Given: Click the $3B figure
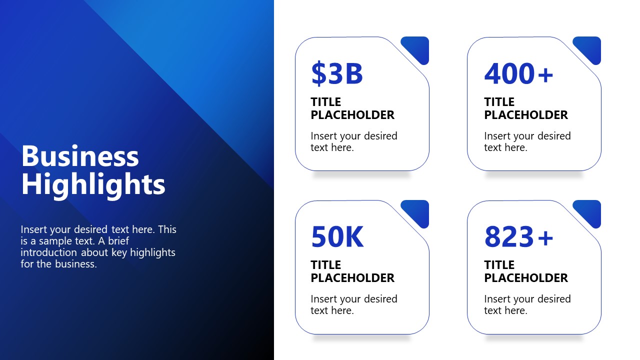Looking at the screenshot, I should (x=336, y=73).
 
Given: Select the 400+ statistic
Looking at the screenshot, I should (x=518, y=73).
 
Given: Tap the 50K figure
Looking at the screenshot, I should (x=337, y=237).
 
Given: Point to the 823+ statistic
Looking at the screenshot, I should (x=518, y=237).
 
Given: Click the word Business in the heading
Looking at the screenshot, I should (x=80, y=156).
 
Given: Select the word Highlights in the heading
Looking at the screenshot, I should (x=93, y=184).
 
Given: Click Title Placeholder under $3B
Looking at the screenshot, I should (x=352, y=108).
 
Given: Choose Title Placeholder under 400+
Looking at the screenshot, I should (x=525, y=108).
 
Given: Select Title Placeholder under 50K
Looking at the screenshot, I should (x=352, y=271).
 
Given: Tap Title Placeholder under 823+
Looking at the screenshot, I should (x=525, y=271).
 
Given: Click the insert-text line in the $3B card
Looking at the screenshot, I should (x=353, y=141).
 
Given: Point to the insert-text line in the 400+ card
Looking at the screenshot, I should (x=527, y=141).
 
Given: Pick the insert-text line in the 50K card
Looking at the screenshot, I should (x=353, y=304).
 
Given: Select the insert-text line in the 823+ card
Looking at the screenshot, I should (x=527, y=304).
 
